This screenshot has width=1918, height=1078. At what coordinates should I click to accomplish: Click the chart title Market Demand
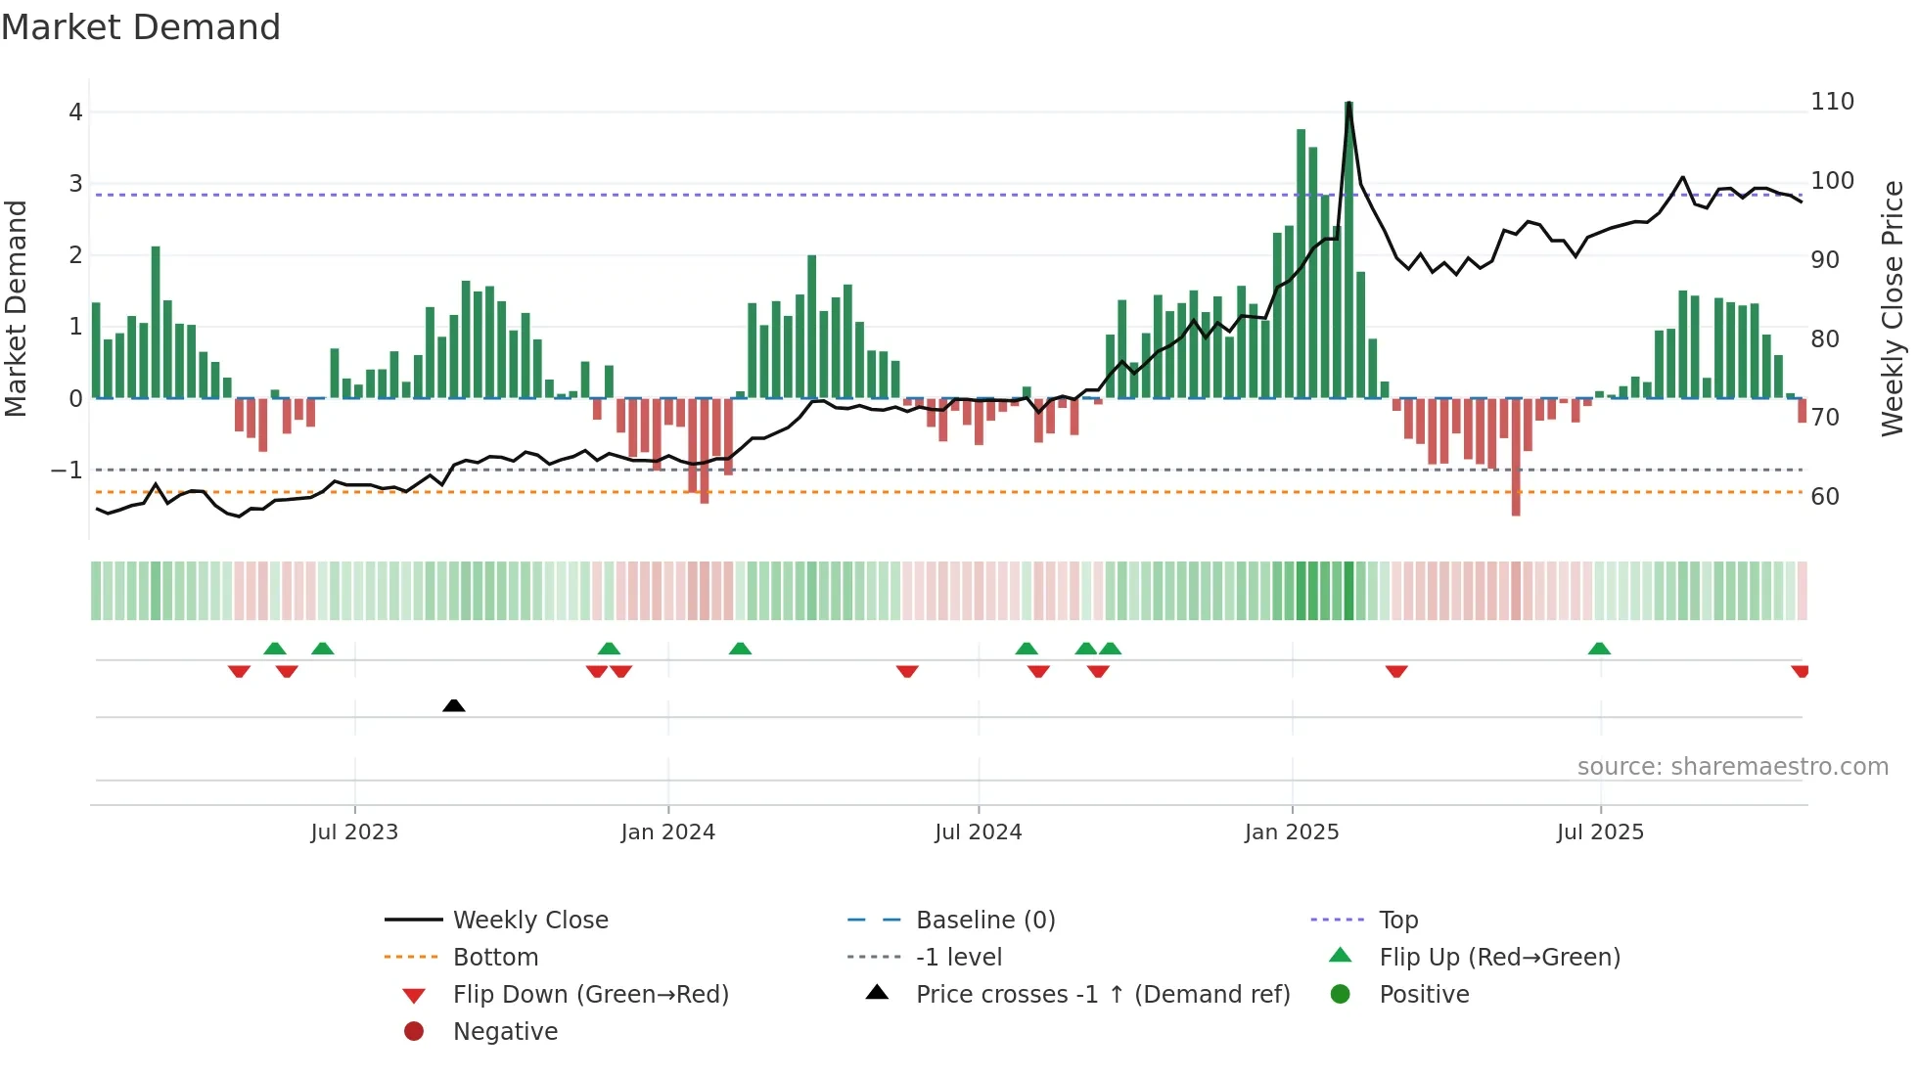tap(141, 27)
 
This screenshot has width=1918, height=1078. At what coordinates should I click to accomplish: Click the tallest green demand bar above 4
tap(1348, 249)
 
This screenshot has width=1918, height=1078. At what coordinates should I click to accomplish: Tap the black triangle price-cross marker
tap(454, 705)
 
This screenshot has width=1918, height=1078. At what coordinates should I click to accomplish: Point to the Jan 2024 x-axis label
tap(668, 832)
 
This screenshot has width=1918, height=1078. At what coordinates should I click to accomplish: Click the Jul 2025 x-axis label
tap(1600, 832)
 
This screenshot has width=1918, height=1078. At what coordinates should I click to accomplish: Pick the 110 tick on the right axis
tap(1832, 102)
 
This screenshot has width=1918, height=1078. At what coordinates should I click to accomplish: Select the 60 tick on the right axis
tap(1825, 497)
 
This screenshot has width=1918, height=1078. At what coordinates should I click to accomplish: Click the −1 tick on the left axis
tap(67, 471)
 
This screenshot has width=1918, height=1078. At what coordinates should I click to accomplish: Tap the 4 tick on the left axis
tap(75, 112)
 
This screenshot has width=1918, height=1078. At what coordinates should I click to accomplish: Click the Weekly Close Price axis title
tap(1893, 308)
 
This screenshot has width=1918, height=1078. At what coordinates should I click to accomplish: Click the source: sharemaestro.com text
tap(1732, 767)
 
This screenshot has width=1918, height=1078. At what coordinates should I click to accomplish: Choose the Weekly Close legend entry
tap(529, 921)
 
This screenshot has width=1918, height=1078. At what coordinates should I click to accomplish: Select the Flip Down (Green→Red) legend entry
tap(590, 995)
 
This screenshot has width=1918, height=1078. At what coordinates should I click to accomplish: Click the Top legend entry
tap(1397, 921)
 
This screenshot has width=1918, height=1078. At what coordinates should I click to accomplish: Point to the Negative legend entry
tap(505, 1032)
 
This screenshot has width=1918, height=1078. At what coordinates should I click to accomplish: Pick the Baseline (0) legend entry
tap(984, 921)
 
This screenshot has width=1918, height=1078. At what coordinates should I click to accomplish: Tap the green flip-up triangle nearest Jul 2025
tap(1599, 649)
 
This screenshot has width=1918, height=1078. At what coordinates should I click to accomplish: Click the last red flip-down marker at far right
tap(1800, 671)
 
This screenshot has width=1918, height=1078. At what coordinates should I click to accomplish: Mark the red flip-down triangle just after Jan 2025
tap(1396, 671)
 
